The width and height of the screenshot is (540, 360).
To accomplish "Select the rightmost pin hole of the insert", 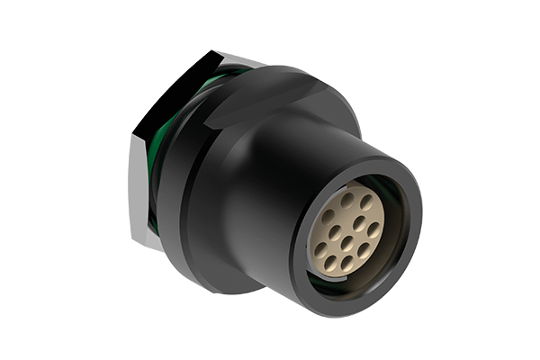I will tap(373, 230).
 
